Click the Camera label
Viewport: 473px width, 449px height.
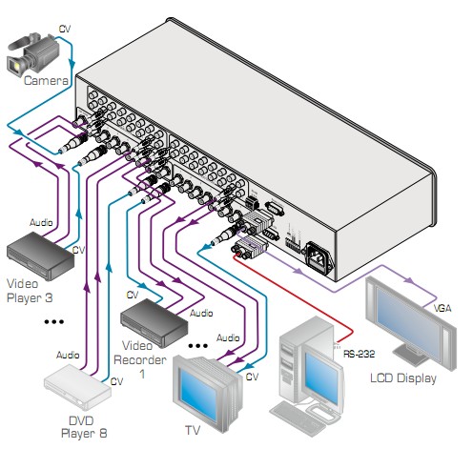click(x=46, y=80)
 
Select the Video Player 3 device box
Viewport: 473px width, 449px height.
click(x=40, y=255)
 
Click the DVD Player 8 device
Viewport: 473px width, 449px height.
click(x=77, y=387)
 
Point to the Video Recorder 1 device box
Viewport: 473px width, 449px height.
click(x=154, y=322)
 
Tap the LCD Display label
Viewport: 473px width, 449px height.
click(x=403, y=378)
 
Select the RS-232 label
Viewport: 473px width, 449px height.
click(x=359, y=354)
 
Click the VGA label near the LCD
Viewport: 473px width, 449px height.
click(x=442, y=308)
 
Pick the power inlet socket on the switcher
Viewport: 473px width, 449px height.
click(x=319, y=257)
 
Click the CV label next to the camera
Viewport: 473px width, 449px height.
click(x=65, y=29)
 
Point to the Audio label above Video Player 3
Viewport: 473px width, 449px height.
click(x=41, y=222)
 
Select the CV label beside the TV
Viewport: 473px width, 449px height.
click(x=252, y=377)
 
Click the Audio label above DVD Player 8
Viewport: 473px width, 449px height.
click(x=68, y=355)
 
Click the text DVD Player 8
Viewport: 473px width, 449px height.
click(x=84, y=427)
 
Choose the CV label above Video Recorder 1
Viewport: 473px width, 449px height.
click(x=133, y=295)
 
